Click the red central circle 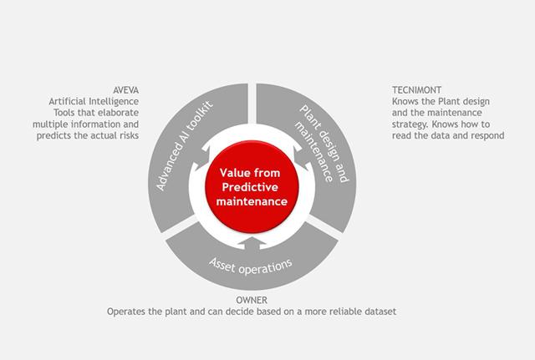pos(252,187)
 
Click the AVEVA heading pos(126,90)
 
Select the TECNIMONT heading pos(416,90)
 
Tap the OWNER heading pos(252,300)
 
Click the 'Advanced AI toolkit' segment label pos(185,145)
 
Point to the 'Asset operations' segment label pos(251,266)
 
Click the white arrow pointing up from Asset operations pos(252,242)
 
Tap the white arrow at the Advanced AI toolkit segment pos(201,160)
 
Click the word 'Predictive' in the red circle pos(250,187)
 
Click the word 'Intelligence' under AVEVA pos(114,102)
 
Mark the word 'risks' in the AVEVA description pos(130,135)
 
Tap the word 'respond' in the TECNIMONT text pos(487,135)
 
